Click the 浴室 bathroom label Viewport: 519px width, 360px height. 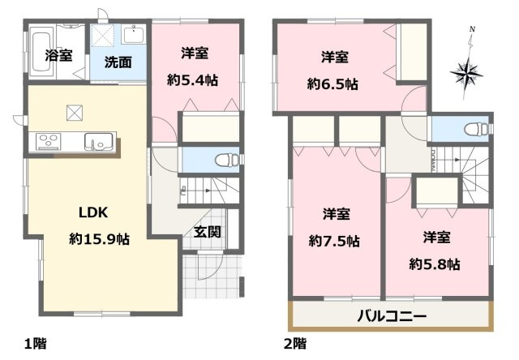pos(58,56)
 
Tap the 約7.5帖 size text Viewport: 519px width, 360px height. pos(334,240)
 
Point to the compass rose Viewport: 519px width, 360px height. pos(469,73)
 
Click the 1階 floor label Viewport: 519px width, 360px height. pos(35,342)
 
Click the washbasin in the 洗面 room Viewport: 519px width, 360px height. pos(133,35)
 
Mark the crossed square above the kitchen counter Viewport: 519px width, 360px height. pos(73,112)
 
